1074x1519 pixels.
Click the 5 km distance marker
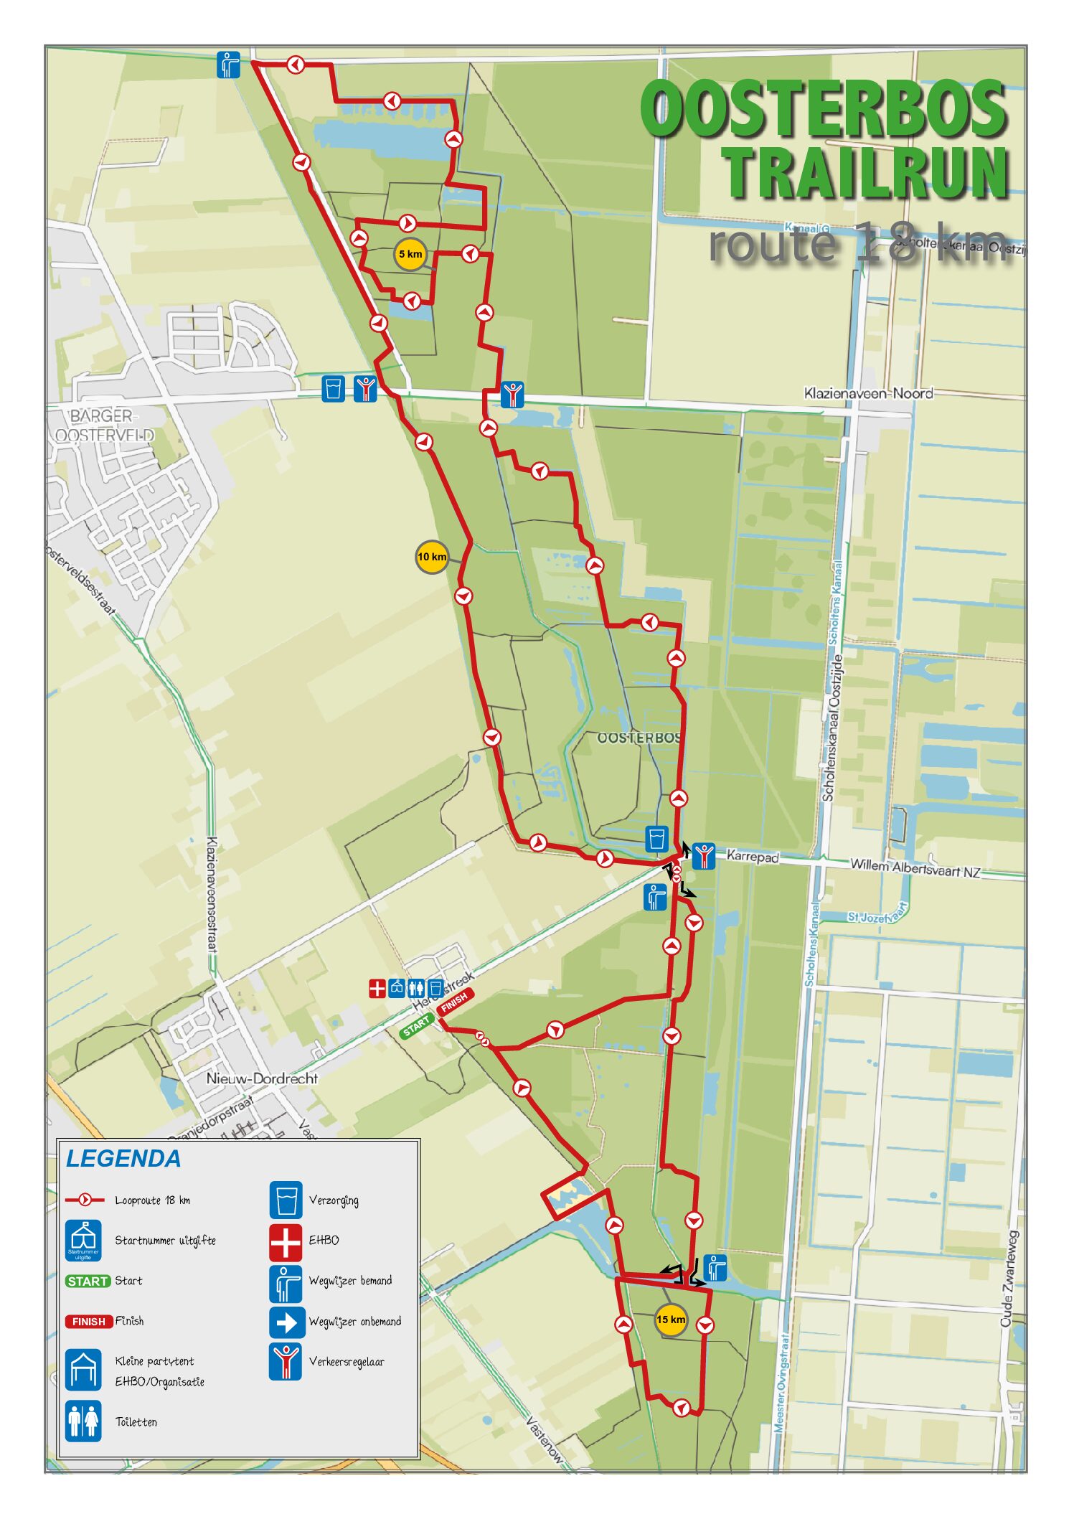(x=410, y=254)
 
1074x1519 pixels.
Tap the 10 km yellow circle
(x=432, y=557)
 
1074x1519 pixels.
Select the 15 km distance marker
(x=671, y=1320)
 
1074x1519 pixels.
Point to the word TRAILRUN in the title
(x=866, y=173)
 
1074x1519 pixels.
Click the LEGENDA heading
(x=123, y=1159)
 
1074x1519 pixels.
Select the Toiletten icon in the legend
(x=83, y=1421)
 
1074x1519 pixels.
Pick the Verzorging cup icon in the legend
(x=286, y=1200)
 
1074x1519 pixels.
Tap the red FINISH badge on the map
(x=454, y=1002)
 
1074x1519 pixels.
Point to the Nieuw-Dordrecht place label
(x=261, y=1078)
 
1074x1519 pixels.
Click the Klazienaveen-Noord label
(x=868, y=393)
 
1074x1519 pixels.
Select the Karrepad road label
(x=753, y=856)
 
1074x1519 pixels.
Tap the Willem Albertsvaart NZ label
(x=915, y=868)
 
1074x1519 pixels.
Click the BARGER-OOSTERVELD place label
(x=104, y=425)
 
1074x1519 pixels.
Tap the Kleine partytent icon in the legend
(x=83, y=1370)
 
